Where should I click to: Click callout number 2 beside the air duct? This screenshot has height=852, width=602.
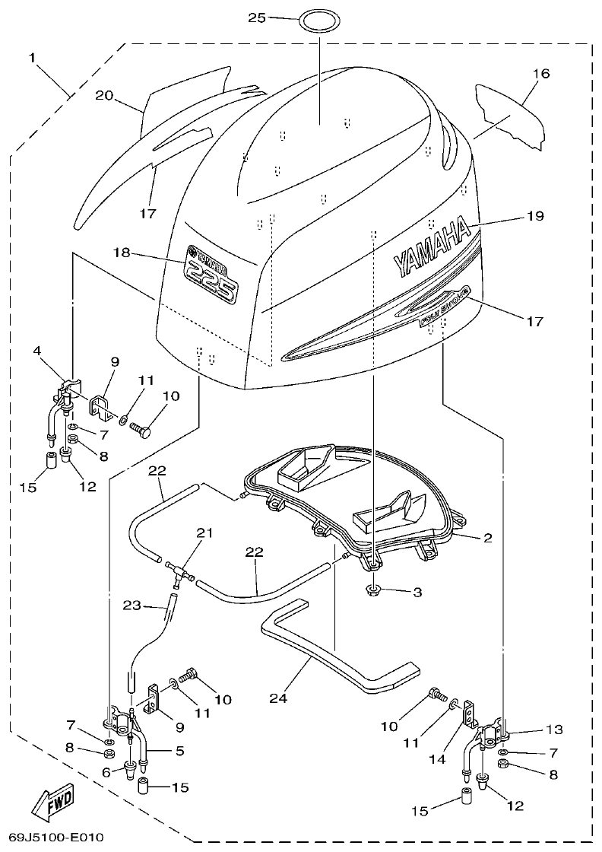487,538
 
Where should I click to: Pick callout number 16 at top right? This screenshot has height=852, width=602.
540,74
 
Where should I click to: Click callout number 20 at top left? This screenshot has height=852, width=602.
104,95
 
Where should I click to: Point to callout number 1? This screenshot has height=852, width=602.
33,57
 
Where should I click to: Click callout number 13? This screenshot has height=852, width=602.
553,730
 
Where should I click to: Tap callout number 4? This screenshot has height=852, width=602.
36,351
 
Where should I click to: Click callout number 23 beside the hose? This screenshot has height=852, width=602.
132,605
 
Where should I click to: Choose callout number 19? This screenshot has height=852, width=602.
535,216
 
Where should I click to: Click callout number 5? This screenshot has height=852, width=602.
180,750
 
